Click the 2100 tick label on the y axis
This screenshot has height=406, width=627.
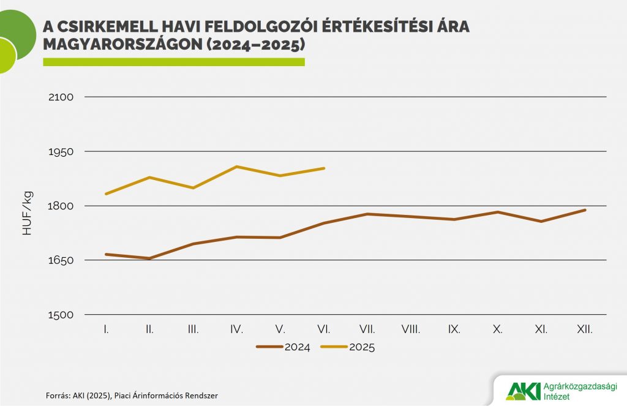(60, 97)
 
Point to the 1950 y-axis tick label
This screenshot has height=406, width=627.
(60, 151)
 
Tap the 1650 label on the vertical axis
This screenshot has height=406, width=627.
(60, 260)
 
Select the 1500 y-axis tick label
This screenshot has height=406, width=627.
(60, 315)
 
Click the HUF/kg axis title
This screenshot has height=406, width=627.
(28, 214)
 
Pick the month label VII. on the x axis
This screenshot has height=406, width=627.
(367, 329)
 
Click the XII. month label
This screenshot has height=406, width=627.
(585, 329)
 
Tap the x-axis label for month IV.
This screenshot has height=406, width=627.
(236, 329)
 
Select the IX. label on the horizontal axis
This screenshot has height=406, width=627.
(454, 329)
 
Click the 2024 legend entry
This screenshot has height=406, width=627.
(283, 347)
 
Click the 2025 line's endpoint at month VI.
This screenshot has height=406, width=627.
(324, 168)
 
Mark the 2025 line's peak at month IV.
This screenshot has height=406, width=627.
(237, 167)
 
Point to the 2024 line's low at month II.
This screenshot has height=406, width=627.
(150, 258)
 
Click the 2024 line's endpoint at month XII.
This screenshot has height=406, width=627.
(585, 210)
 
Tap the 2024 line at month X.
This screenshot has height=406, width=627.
(498, 212)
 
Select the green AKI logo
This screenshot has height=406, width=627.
(523, 391)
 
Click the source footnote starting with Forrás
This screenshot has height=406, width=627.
(132, 396)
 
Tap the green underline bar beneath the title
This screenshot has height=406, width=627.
(173, 62)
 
